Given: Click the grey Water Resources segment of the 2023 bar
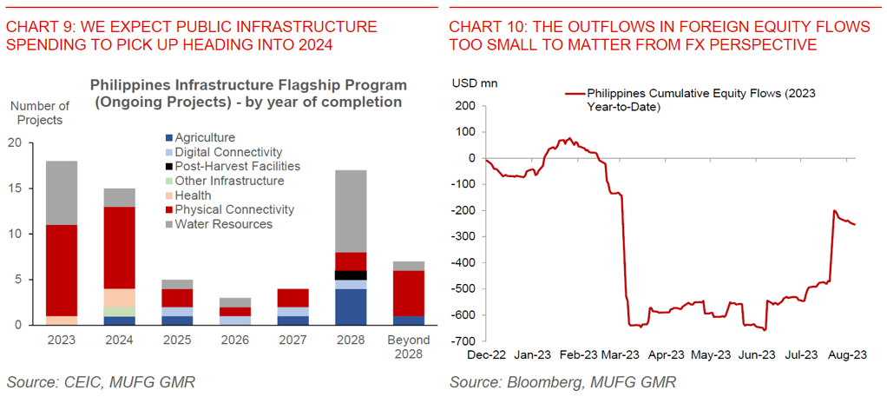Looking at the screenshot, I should tap(62, 193).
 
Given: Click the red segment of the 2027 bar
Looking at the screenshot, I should tap(292, 298).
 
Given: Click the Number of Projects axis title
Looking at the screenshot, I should tap(39, 112).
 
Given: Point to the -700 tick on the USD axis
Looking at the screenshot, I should tap(465, 341).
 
